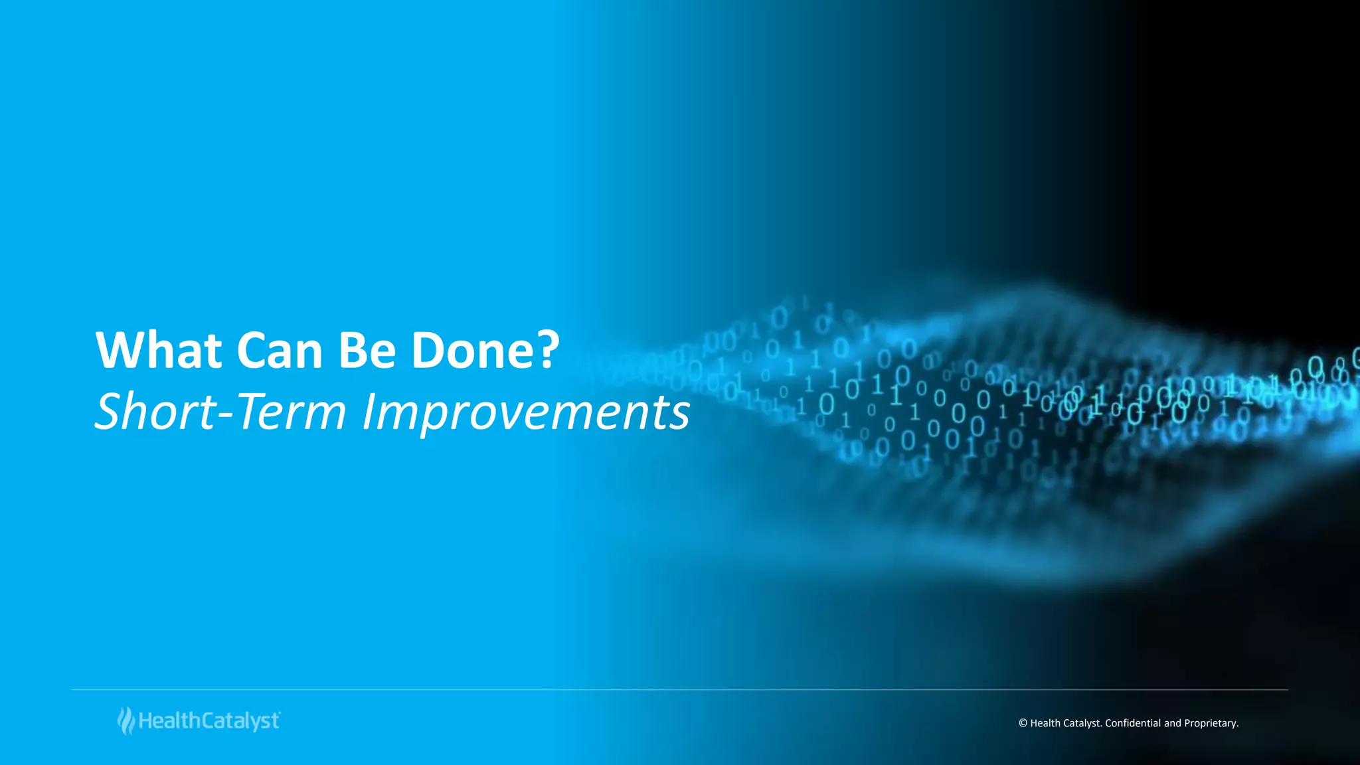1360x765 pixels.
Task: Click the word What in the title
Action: (x=159, y=350)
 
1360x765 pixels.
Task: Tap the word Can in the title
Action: (x=280, y=350)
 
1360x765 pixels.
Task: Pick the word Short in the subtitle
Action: (x=155, y=411)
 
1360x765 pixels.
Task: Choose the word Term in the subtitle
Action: (x=290, y=411)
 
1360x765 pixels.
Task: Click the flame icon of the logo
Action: (x=126, y=721)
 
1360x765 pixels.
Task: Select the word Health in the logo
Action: (x=169, y=721)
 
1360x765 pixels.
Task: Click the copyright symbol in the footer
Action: (x=1023, y=723)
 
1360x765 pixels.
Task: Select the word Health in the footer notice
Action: (x=1045, y=723)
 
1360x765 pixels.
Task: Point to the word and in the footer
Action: (x=1172, y=723)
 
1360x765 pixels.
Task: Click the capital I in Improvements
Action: (x=369, y=411)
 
